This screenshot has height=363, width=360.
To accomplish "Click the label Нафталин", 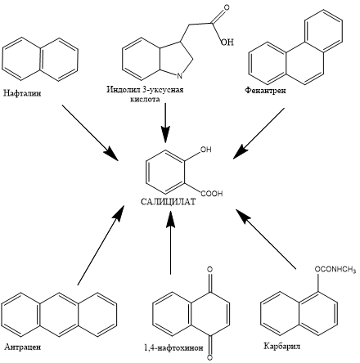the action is coord(22,93).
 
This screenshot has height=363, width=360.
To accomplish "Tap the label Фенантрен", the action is coord(265,90).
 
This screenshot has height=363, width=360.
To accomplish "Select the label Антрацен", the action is coord(23,347).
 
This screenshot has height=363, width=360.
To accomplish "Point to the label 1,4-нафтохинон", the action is coord(173,348).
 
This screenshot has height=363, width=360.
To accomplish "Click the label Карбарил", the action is coord(282,346).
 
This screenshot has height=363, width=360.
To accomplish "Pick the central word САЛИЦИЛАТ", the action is coord(169,202).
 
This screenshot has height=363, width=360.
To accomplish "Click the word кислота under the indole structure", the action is coord(145,99).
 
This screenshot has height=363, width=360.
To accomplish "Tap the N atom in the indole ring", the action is coord(179,76).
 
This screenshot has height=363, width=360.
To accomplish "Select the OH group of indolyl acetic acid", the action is coord(227,42).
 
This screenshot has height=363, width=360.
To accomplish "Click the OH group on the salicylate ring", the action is coord(206,150).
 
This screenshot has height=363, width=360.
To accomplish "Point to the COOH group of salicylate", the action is coord(212,194).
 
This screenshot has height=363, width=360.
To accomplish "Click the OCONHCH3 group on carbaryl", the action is coord(335,270).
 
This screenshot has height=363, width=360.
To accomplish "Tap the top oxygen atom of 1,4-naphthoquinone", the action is coord(209,270).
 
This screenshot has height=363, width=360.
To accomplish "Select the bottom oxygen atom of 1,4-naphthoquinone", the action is coord(209,357).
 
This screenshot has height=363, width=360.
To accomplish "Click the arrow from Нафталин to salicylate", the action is coord(90,132).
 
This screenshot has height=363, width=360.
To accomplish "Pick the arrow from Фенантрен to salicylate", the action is coord(259,133).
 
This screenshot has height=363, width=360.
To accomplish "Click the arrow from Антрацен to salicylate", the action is coord(101,245).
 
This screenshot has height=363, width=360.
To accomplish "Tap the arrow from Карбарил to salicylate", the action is coord(266,240).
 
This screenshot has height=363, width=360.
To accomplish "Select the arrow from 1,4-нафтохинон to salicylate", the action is coord(171,243).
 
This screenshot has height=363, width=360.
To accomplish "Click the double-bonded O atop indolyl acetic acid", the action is coord(226,8).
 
